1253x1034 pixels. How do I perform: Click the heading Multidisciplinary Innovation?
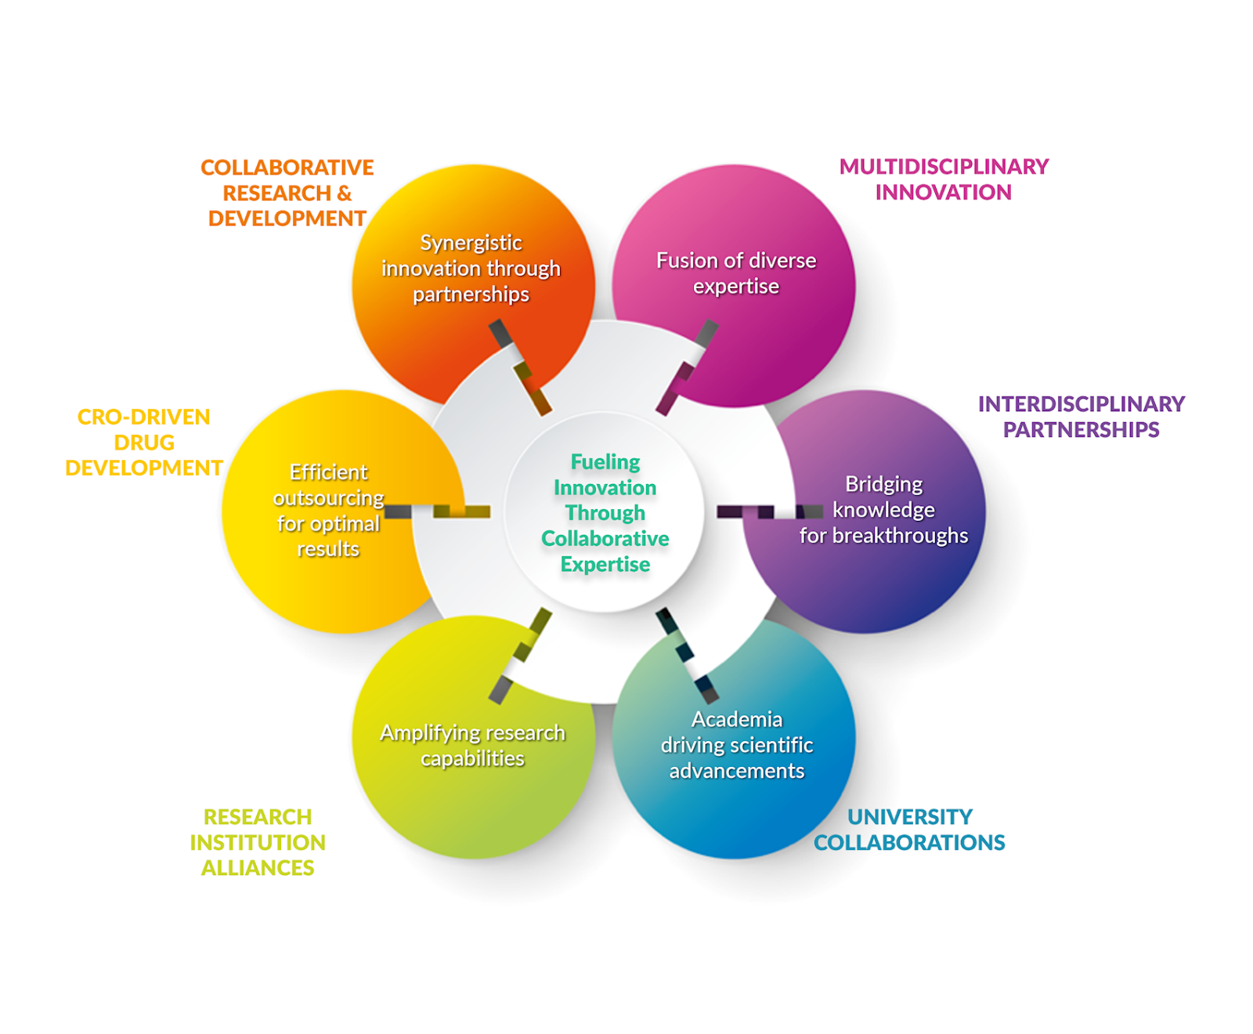tap(943, 179)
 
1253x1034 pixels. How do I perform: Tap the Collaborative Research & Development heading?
tap(287, 193)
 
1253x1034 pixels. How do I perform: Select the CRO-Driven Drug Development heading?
tap(144, 443)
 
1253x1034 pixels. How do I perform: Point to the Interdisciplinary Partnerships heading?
tap(1081, 417)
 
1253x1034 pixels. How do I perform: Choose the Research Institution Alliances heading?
tap(258, 842)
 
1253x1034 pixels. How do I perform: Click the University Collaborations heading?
tap(909, 830)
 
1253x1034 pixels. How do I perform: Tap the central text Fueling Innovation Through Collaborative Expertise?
tap(605, 512)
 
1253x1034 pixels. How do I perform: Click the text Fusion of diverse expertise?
tap(736, 273)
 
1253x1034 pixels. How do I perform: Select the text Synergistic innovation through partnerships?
tap(471, 269)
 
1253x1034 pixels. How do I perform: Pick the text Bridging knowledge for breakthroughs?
tap(883, 510)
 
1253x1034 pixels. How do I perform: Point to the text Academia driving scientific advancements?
tap(736, 745)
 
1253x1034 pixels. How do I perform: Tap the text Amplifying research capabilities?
tap(472, 745)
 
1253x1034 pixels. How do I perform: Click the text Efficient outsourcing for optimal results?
tap(329, 511)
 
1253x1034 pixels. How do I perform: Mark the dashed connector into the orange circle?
tap(521, 367)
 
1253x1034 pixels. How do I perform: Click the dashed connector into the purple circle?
tap(769, 512)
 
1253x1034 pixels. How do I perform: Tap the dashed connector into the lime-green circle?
tap(521, 656)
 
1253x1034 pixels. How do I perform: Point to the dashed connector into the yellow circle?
tap(437, 512)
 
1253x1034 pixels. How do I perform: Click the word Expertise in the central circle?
tap(605, 565)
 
